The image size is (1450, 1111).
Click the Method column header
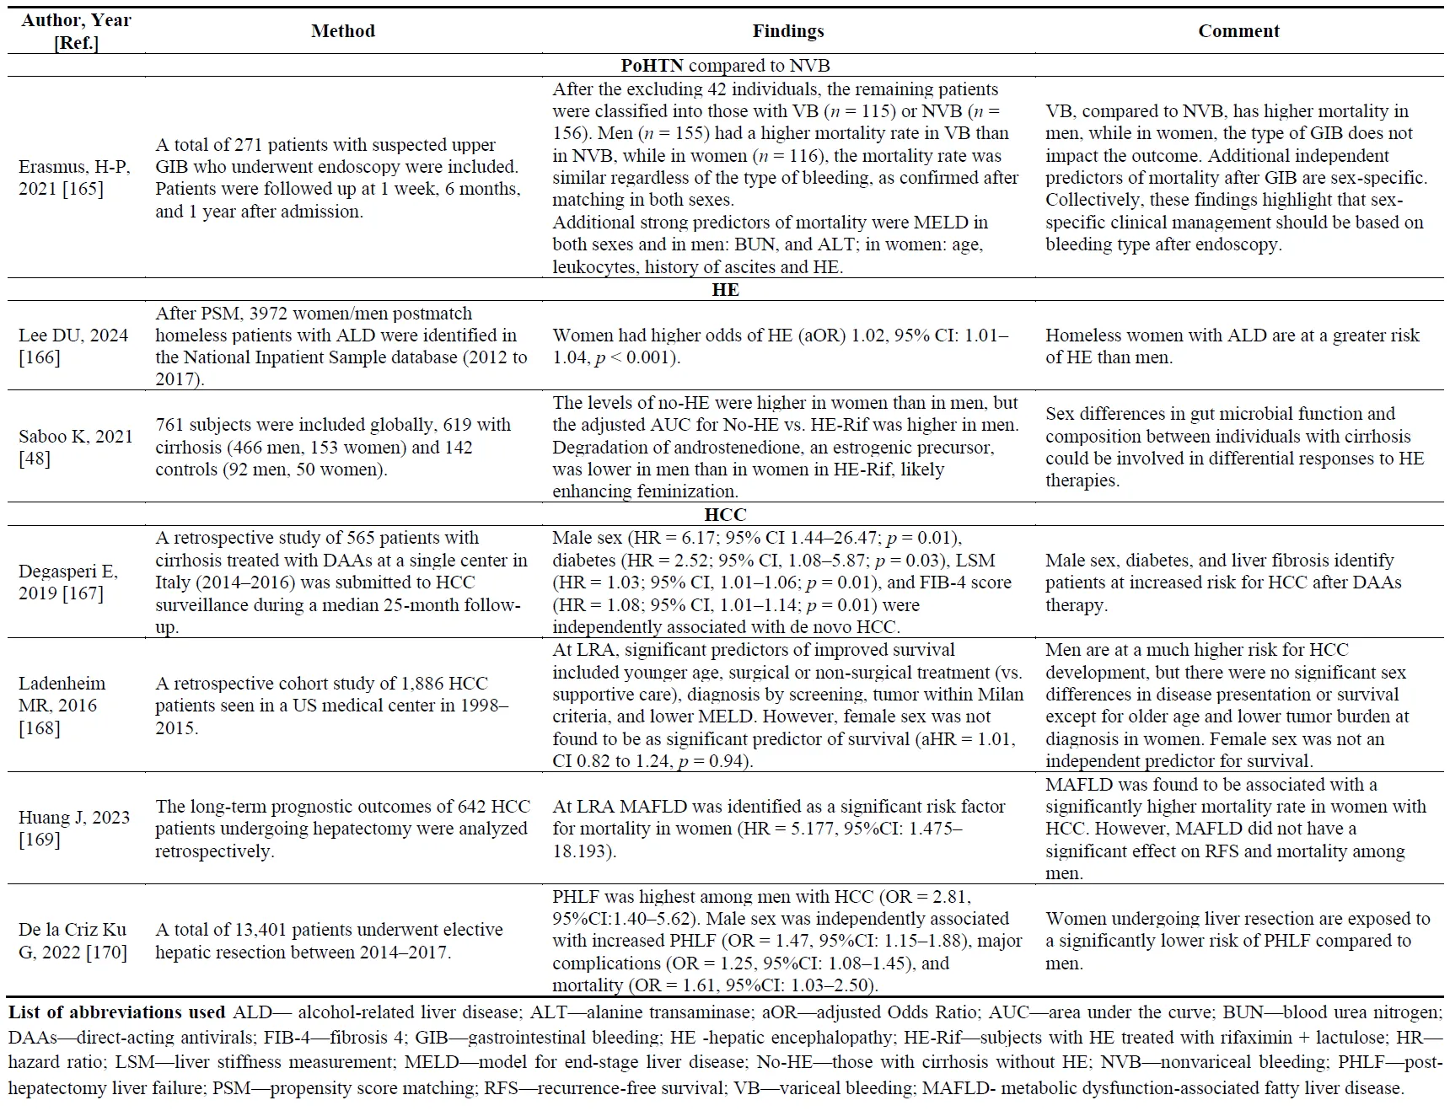[342, 31]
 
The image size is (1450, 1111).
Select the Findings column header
[787, 31]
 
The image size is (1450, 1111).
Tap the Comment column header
[1238, 31]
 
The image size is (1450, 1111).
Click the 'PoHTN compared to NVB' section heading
[725, 66]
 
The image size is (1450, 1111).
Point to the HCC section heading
[725, 514]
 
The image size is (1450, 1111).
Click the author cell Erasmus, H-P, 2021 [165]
[75, 178]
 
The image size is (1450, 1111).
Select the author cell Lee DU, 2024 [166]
[73, 346]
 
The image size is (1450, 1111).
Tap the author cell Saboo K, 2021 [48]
[75, 448]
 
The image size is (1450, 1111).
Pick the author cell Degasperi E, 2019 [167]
[68, 582]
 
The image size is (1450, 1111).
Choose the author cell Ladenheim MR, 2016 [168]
[62, 706]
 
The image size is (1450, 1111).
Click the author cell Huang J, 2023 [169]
[74, 828]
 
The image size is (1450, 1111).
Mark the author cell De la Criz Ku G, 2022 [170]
[72, 941]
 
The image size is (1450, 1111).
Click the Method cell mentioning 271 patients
[337, 178]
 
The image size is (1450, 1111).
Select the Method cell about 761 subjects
[333, 448]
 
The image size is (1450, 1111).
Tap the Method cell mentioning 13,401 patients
[329, 941]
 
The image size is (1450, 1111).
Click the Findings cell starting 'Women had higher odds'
[781, 346]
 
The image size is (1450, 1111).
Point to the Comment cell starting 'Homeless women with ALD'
[1232, 346]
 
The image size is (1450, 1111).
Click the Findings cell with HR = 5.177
[779, 829]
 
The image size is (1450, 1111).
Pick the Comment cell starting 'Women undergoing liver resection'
[1238, 941]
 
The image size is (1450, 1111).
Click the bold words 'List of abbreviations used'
[116, 1012]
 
